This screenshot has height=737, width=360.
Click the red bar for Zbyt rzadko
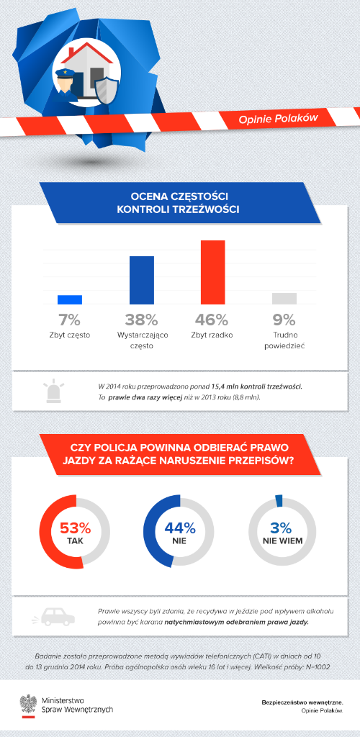click(x=213, y=272)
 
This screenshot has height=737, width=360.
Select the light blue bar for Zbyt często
click(x=70, y=300)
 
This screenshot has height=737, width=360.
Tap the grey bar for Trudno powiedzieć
click(x=284, y=299)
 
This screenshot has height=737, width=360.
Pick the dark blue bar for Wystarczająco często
click(x=142, y=280)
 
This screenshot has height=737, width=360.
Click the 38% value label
click(x=141, y=320)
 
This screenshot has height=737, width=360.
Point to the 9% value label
click(x=284, y=320)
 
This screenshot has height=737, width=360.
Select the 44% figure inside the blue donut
click(x=179, y=528)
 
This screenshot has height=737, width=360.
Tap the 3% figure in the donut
click(x=282, y=528)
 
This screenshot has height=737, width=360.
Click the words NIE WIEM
click(x=282, y=541)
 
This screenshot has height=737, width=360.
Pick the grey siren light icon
click(x=55, y=392)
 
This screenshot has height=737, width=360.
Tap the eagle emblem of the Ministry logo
click(x=29, y=702)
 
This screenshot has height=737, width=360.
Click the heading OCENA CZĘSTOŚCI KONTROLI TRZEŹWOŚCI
click(x=178, y=202)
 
